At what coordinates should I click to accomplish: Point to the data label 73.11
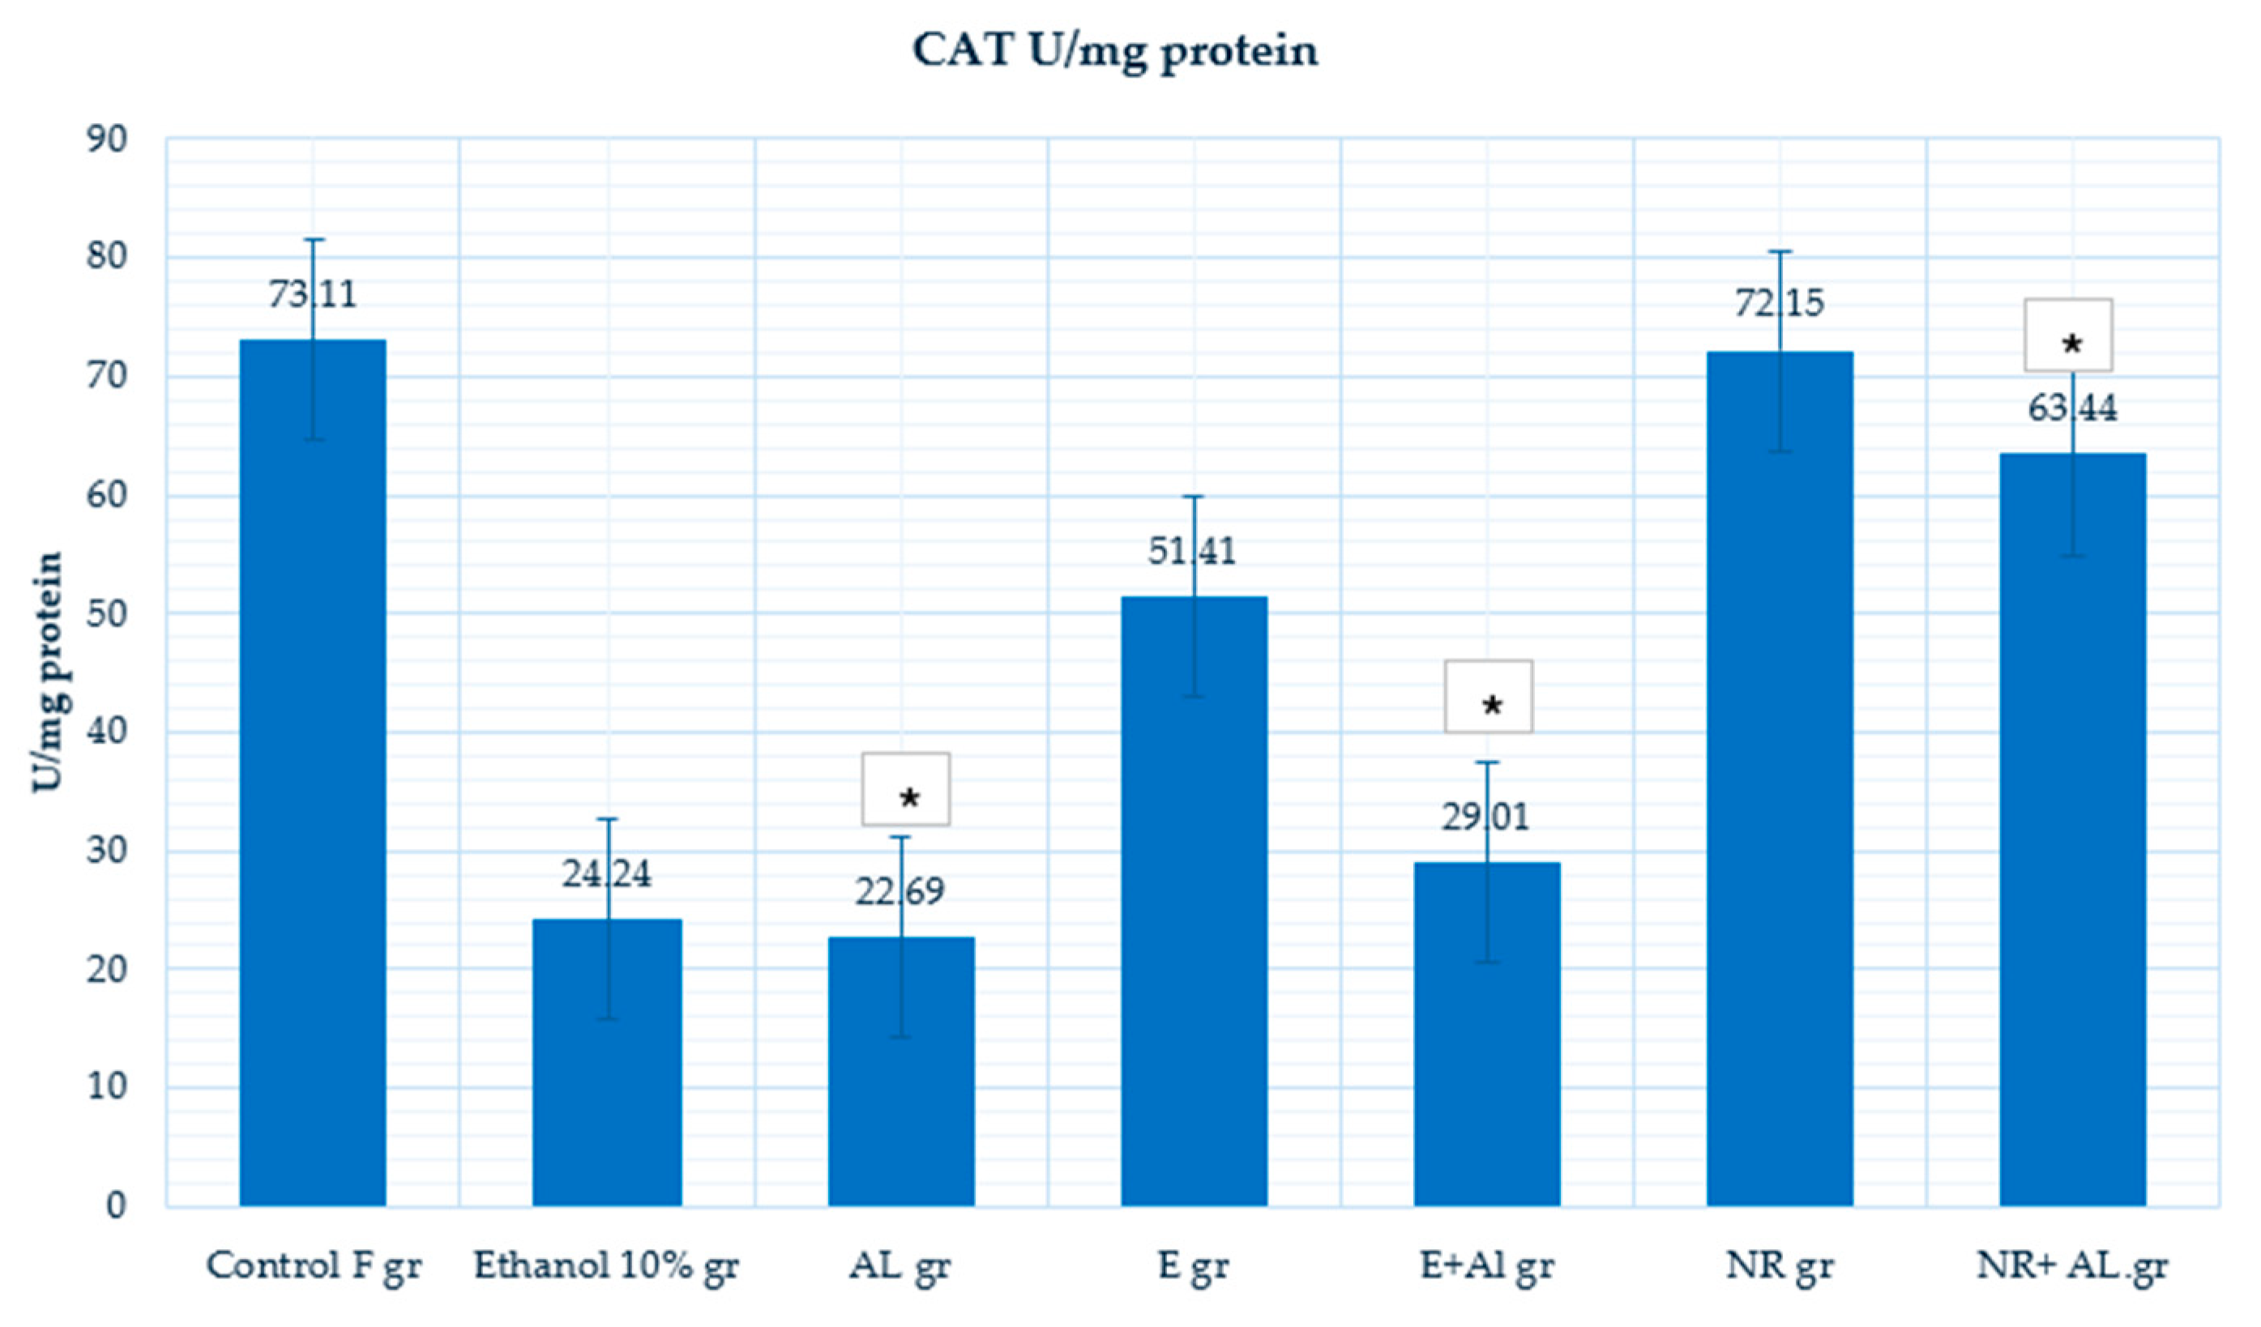[312, 294]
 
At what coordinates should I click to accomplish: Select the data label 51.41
[1191, 551]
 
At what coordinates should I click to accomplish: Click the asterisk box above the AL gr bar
[905, 788]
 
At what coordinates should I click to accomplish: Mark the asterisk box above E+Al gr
[1489, 696]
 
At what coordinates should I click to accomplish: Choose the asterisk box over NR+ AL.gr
[2067, 335]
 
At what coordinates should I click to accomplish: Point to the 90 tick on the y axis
[107, 140]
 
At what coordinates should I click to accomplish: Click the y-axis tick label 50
[107, 615]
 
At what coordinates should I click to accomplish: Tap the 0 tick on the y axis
[116, 1205]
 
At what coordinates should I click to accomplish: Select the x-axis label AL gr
[899, 1266]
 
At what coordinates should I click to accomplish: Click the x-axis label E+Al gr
[1487, 1266]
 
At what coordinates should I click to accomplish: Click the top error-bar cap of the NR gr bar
[1780, 251]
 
